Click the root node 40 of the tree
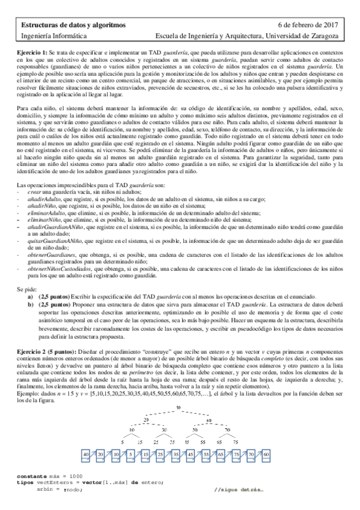click(178, 408)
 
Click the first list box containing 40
click(87, 453)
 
